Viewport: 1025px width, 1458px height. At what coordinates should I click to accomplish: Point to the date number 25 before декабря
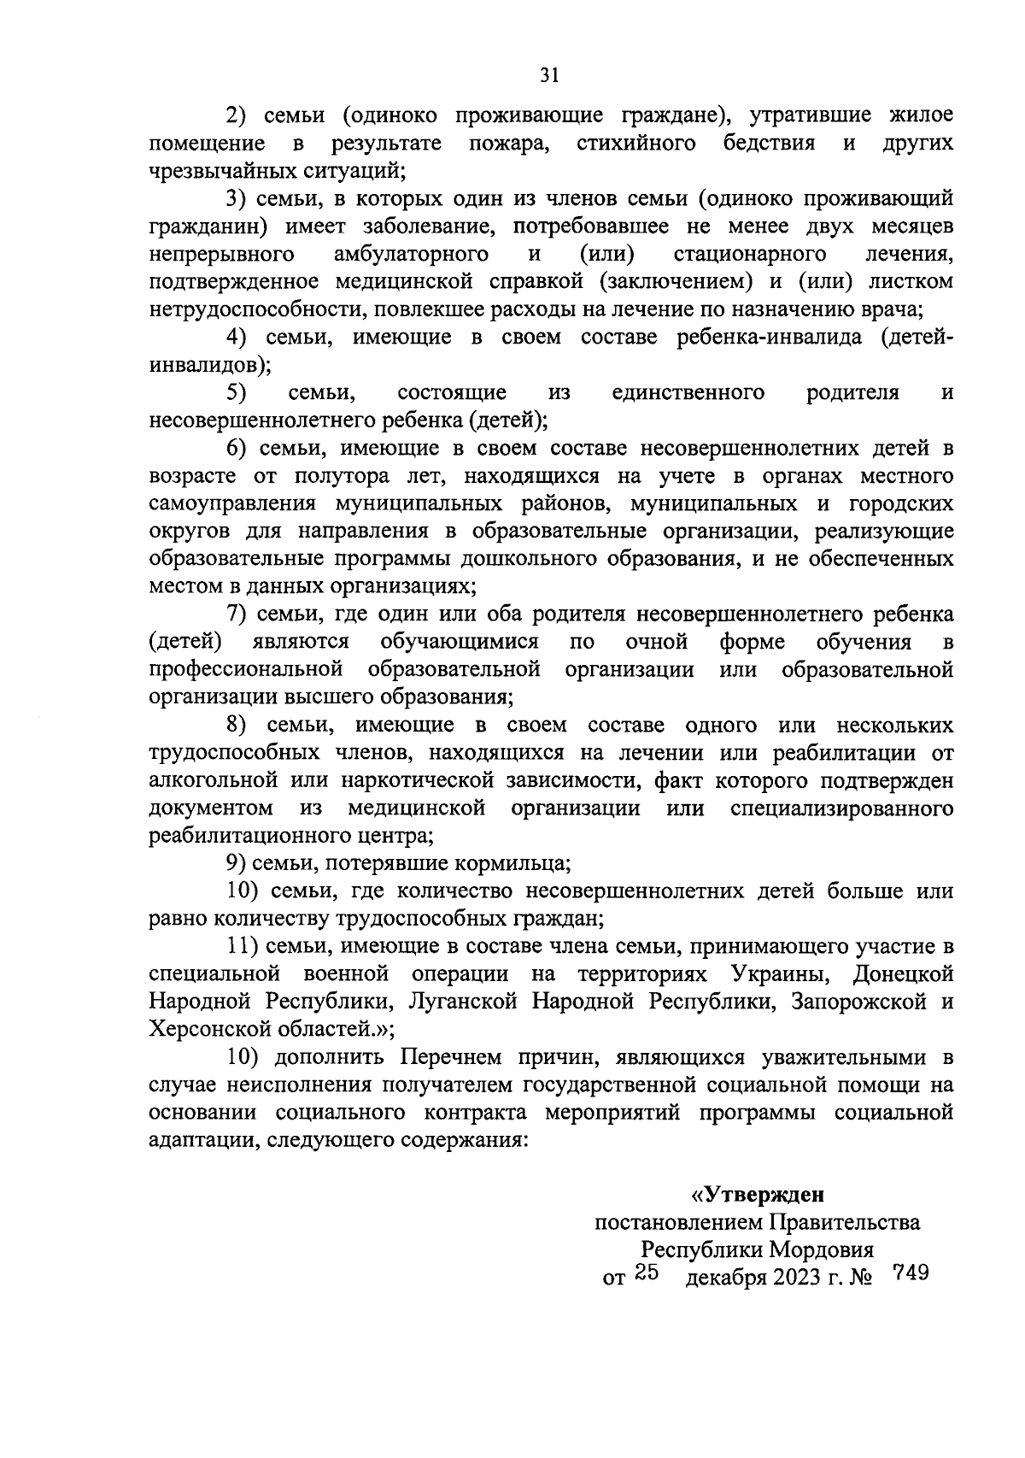point(647,1274)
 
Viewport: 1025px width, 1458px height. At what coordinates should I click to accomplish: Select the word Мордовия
point(822,1250)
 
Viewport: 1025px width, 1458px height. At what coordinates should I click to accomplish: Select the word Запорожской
point(857,1002)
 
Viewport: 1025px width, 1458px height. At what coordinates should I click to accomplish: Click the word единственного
point(688,393)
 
